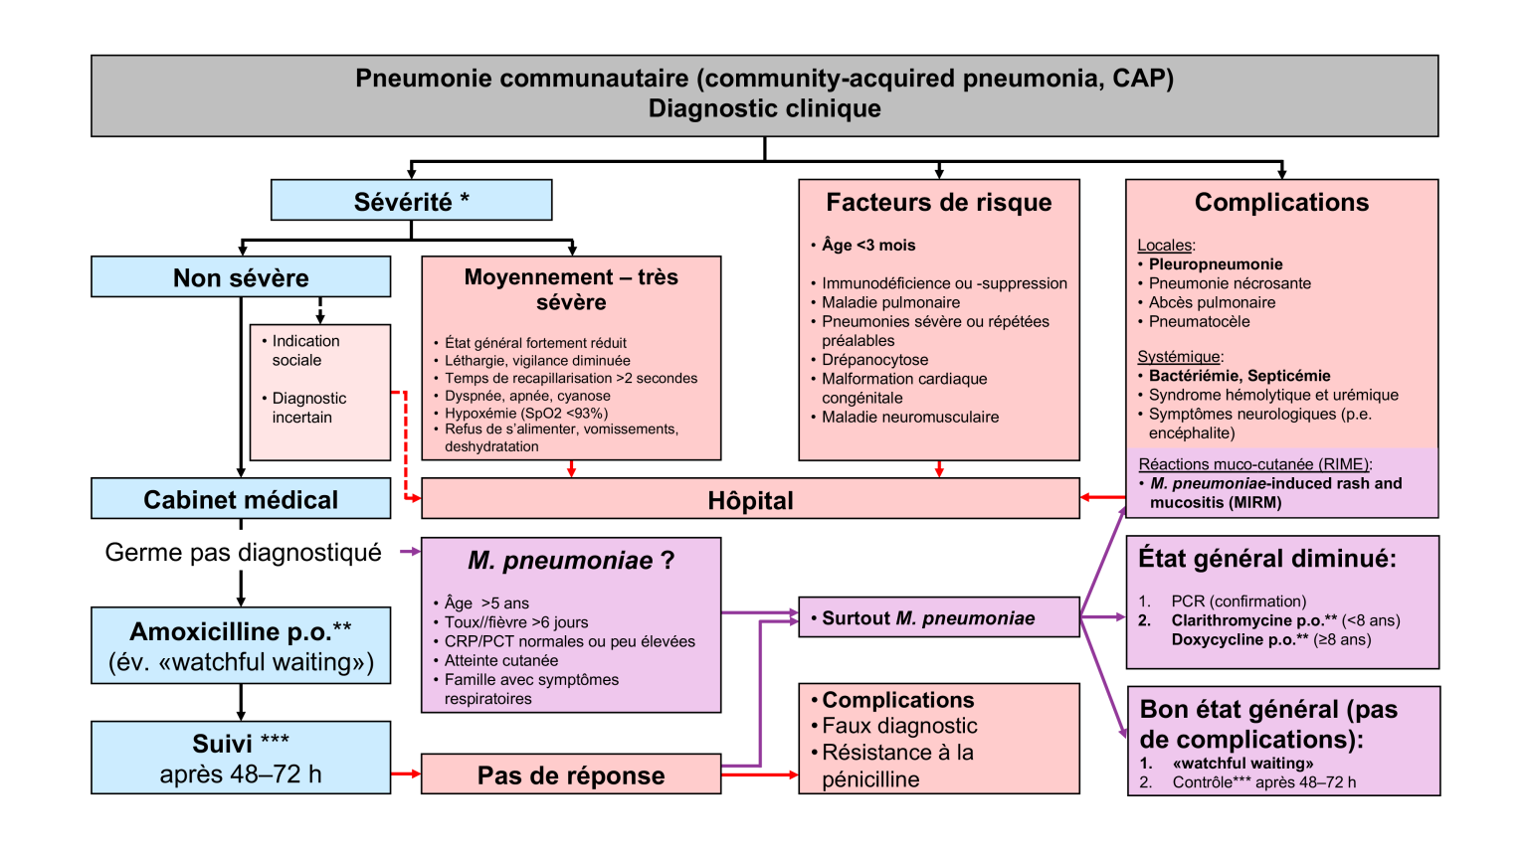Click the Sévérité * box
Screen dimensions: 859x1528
tap(411, 201)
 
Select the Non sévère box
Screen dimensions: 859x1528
tap(240, 277)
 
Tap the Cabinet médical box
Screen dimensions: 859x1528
tap(240, 499)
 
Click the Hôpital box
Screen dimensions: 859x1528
tap(750, 500)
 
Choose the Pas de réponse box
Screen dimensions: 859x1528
tap(570, 775)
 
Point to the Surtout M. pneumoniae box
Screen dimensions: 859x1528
tap(938, 618)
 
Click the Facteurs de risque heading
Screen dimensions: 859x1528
tap(938, 203)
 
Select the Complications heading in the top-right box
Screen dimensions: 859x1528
tap(1281, 203)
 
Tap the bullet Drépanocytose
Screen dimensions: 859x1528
tap(874, 360)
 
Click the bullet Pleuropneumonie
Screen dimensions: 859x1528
tap(1215, 264)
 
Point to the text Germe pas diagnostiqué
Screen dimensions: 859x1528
tap(243, 553)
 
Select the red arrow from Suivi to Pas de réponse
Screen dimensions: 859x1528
tap(405, 773)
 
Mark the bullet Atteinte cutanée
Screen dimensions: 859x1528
tap(500, 660)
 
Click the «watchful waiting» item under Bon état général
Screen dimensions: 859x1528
tap(1242, 764)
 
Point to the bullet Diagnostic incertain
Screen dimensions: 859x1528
tap(308, 408)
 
